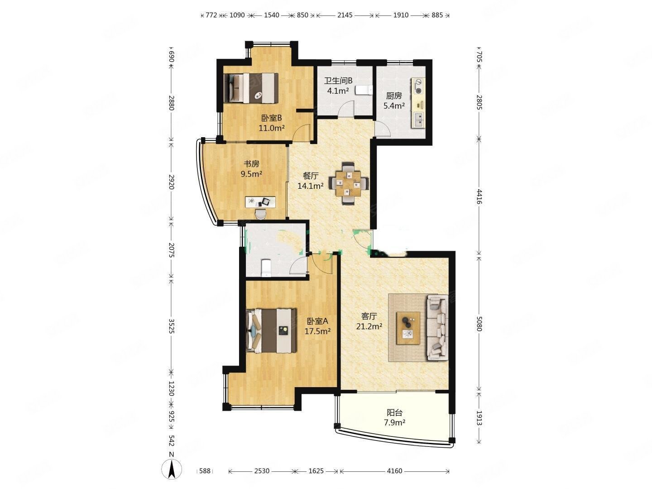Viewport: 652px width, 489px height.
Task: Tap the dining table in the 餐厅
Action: tap(348, 183)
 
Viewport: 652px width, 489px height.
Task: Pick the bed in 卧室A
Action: tap(271, 331)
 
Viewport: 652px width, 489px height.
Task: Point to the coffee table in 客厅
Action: tap(408, 328)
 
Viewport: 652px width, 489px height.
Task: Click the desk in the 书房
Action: tap(260, 202)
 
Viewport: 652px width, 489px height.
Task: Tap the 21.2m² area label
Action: tap(369, 326)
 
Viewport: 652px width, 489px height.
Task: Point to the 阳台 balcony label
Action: tap(394, 412)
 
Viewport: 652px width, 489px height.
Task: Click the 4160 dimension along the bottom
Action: tap(394, 471)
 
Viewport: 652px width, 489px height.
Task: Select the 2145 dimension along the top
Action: tap(345, 15)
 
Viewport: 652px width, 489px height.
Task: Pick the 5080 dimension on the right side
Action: tap(479, 324)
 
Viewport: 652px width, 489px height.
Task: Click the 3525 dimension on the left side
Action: tap(172, 326)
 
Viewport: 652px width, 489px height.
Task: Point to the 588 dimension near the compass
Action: tap(205, 471)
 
